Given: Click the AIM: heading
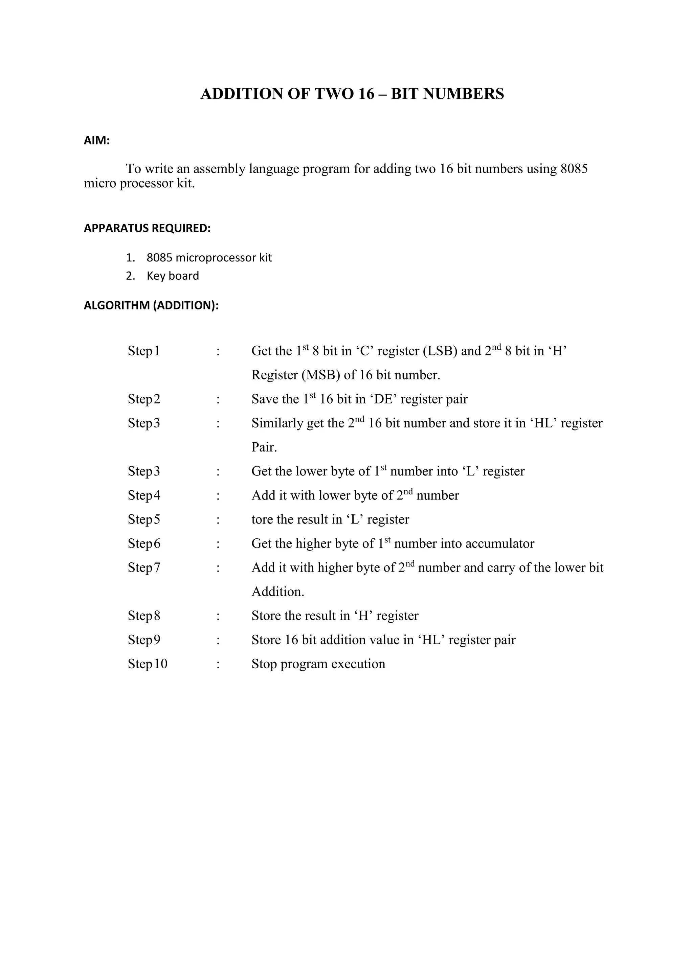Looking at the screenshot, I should (x=96, y=141).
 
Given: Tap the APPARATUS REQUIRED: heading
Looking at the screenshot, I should (x=147, y=228).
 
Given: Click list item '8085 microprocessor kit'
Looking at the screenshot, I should (x=209, y=258).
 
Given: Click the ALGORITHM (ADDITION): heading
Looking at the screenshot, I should (x=151, y=305).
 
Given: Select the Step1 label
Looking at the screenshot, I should (x=143, y=351).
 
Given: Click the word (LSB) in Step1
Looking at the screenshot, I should (x=440, y=351).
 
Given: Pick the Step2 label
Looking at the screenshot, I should (x=144, y=399).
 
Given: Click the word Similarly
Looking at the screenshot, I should (x=276, y=423).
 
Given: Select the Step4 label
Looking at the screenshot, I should (x=144, y=495).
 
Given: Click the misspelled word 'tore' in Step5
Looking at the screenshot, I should (x=262, y=519).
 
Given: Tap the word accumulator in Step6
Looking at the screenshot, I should (x=499, y=544).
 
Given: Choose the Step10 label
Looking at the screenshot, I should (x=147, y=664).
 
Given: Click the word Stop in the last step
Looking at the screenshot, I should (x=264, y=664).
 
